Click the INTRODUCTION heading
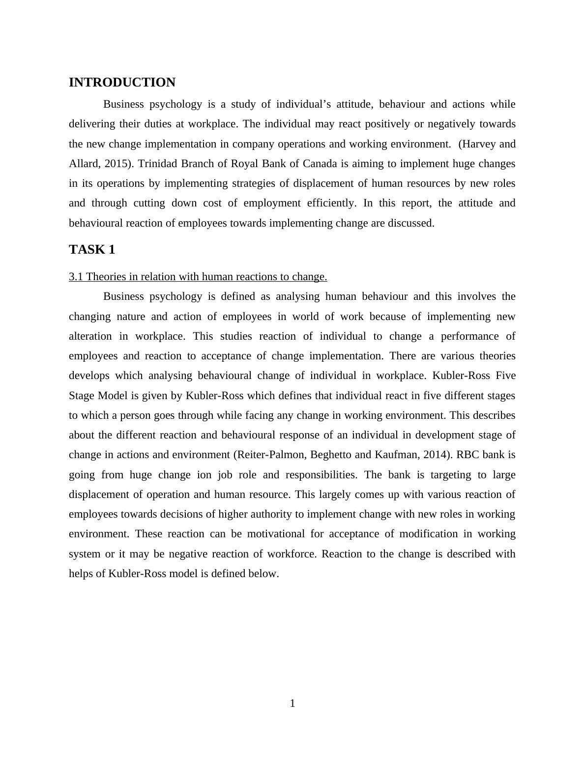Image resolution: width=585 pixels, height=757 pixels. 122,83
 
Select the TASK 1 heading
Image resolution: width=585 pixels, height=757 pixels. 92,250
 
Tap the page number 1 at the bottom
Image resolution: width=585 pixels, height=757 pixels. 292,703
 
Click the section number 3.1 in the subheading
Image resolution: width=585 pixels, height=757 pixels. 76,277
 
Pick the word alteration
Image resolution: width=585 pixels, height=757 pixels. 90,336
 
